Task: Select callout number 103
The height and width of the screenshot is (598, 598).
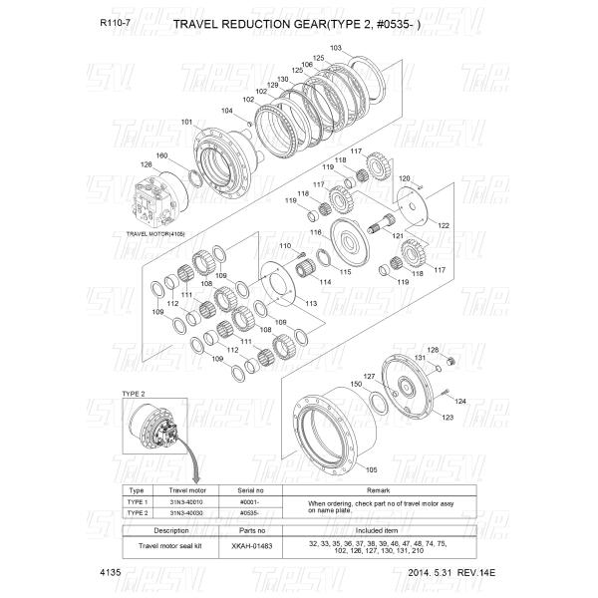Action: [x=335, y=48]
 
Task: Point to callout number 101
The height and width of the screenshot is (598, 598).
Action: [x=186, y=123]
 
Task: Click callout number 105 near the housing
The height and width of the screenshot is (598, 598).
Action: [x=371, y=468]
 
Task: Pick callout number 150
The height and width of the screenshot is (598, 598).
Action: [x=356, y=384]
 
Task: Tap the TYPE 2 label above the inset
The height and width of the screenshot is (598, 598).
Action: [x=134, y=394]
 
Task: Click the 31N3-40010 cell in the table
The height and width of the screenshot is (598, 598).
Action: [x=186, y=503]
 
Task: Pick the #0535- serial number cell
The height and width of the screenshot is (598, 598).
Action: [x=253, y=513]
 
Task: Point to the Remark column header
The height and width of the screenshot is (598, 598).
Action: [x=378, y=490]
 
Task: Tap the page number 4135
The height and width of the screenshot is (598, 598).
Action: [x=111, y=575]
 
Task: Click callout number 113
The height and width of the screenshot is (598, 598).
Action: [x=312, y=302]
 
